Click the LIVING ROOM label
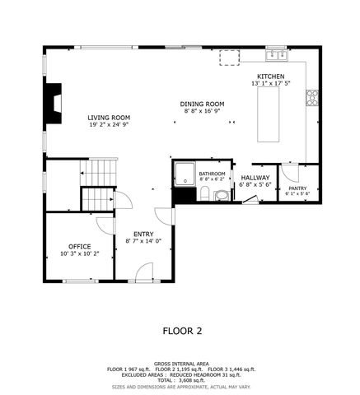click(x=109, y=118)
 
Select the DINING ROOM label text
click(x=203, y=104)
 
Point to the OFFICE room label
click(x=79, y=246)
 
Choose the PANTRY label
click(x=297, y=188)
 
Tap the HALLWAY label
click(x=255, y=177)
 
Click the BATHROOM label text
click(x=212, y=174)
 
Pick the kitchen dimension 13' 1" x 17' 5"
click(x=270, y=82)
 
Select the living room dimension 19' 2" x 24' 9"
click(x=109, y=125)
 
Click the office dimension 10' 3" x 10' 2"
click(x=79, y=253)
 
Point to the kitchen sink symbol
click(x=276, y=55)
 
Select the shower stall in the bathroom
click(x=184, y=174)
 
